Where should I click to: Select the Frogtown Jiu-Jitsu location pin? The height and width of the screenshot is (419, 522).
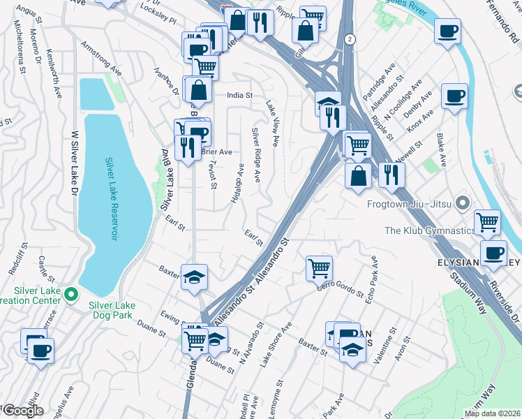[461, 204]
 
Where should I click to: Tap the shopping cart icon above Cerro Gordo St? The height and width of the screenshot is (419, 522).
[319, 267]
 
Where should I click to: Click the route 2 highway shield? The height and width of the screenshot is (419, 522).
[348, 40]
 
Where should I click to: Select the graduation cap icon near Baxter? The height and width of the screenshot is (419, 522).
[194, 276]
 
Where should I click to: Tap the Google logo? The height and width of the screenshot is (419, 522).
[22, 410]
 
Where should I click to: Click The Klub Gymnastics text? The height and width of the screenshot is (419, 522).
[428, 230]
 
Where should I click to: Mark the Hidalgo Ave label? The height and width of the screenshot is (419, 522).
[237, 184]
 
